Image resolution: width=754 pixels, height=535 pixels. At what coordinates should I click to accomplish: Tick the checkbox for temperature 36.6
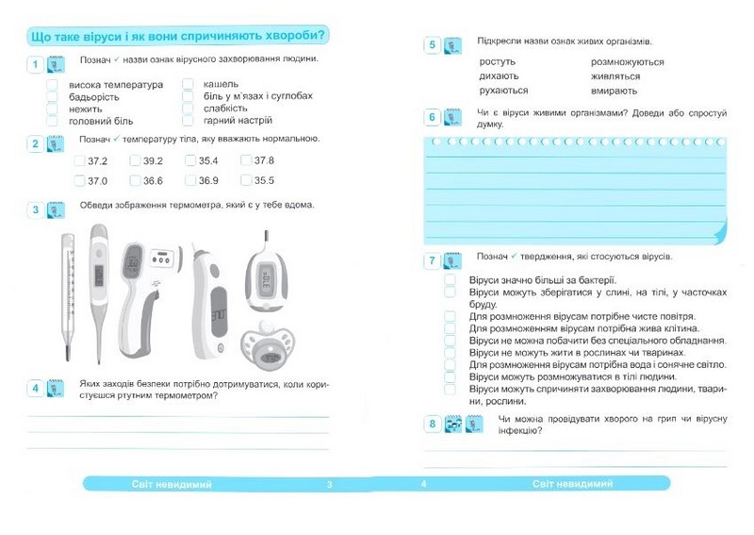tap(135, 180)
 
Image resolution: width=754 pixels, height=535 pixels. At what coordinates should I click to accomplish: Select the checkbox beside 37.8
tap(246, 160)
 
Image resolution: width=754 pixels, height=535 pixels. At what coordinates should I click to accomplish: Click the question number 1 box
tap(35, 64)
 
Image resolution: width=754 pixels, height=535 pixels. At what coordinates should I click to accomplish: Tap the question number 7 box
tap(432, 260)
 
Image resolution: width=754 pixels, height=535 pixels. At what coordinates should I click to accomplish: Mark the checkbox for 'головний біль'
tap(53, 121)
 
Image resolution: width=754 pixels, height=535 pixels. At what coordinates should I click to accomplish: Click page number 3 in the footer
tap(330, 484)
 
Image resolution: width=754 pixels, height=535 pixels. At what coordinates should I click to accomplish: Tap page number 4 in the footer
tap(424, 484)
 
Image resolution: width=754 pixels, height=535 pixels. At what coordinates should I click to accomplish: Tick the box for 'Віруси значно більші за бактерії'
tap(450, 280)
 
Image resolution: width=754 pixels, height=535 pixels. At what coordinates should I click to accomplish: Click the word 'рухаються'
tap(503, 91)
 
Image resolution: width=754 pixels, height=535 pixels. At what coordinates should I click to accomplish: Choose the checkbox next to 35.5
tap(246, 180)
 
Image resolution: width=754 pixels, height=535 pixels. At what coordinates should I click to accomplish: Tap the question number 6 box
tap(432, 117)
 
